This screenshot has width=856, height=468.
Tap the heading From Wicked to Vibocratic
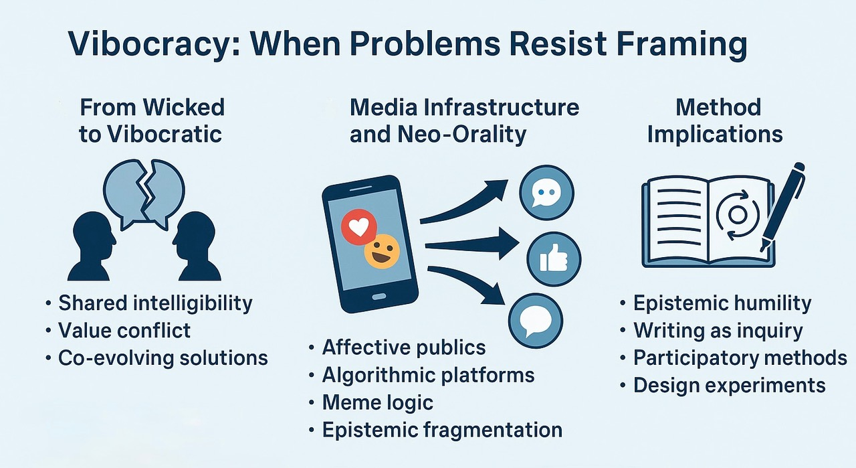coord(151,120)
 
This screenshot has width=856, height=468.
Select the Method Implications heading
coord(715,120)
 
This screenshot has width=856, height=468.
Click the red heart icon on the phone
coord(359,227)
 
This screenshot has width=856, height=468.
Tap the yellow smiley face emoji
coord(382,251)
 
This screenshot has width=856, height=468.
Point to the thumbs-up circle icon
coord(554,259)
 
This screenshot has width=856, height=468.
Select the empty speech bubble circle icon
coord(535,321)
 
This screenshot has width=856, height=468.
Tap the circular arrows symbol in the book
coord(737,215)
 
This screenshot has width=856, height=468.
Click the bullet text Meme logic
coord(377,402)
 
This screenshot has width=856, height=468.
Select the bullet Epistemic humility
coord(722,303)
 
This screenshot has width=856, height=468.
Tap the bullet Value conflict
coord(124,330)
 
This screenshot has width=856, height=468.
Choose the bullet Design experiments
coord(729,386)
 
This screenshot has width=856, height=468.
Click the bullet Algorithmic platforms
coord(428,375)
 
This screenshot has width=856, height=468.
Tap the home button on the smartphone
coord(379,297)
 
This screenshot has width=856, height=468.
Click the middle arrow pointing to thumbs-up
coord(471,244)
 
